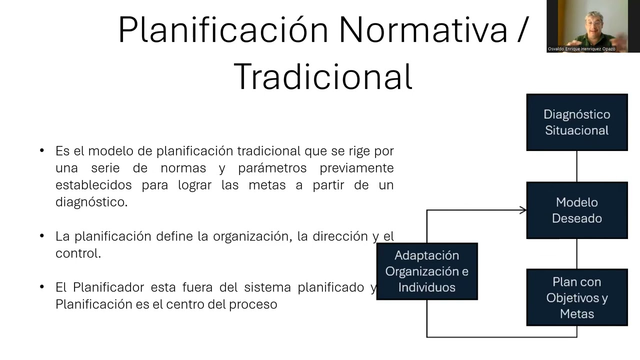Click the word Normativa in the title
(423, 30)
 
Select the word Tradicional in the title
(323, 76)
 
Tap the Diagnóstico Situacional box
(576, 122)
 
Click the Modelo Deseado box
(576, 210)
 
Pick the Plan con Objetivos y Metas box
(576, 298)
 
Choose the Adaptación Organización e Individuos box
(426, 271)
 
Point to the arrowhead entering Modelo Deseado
(523, 210)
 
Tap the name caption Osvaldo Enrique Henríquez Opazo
(581, 49)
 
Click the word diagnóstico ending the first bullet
(91, 202)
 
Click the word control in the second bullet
(77, 253)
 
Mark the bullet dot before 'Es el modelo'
(42, 150)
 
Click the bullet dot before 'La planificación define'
(42, 236)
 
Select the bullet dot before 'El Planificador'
(42, 287)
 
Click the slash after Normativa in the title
(521, 30)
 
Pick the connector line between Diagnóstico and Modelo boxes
(576, 166)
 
